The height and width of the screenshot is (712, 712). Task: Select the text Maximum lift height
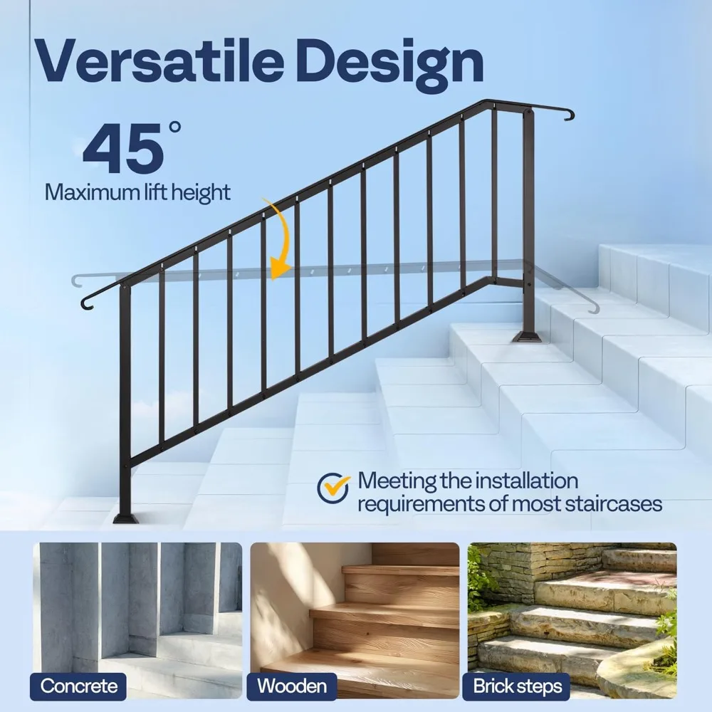[137, 192]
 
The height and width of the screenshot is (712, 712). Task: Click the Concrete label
[78, 686]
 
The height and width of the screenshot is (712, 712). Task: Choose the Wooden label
[292, 686]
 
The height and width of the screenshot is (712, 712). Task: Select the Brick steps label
[518, 686]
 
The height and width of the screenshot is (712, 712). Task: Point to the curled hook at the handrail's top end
[566, 115]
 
